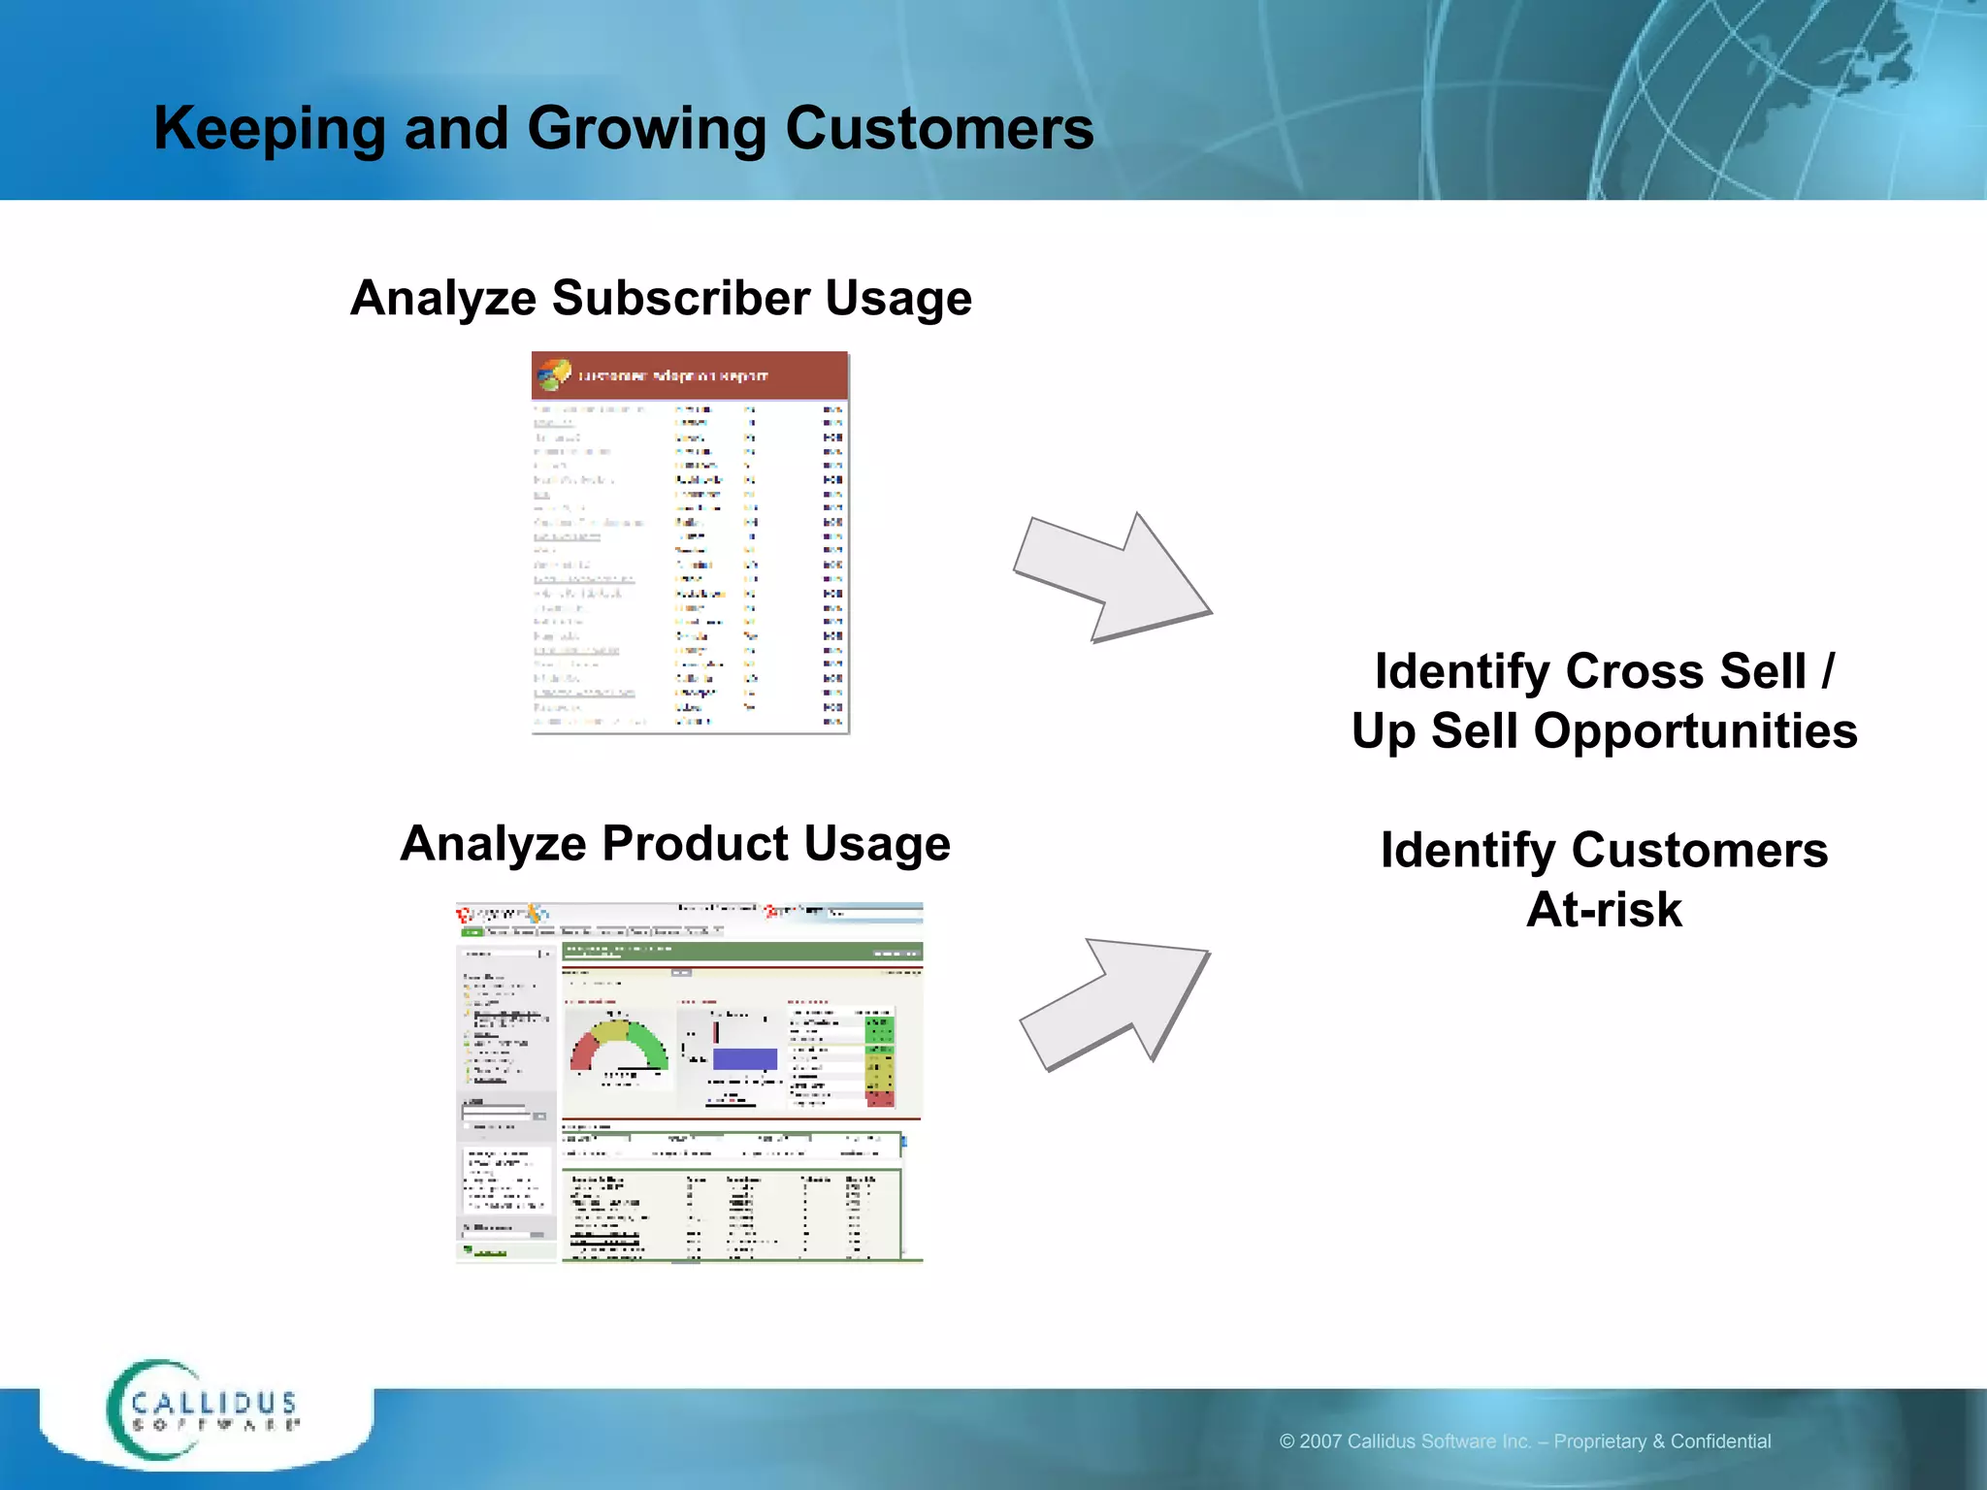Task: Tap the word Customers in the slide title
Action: click(939, 129)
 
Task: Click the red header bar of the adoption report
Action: click(690, 375)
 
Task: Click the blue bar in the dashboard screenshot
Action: click(744, 1058)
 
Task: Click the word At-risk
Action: click(1604, 910)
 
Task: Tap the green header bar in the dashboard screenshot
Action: click(742, 952)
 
